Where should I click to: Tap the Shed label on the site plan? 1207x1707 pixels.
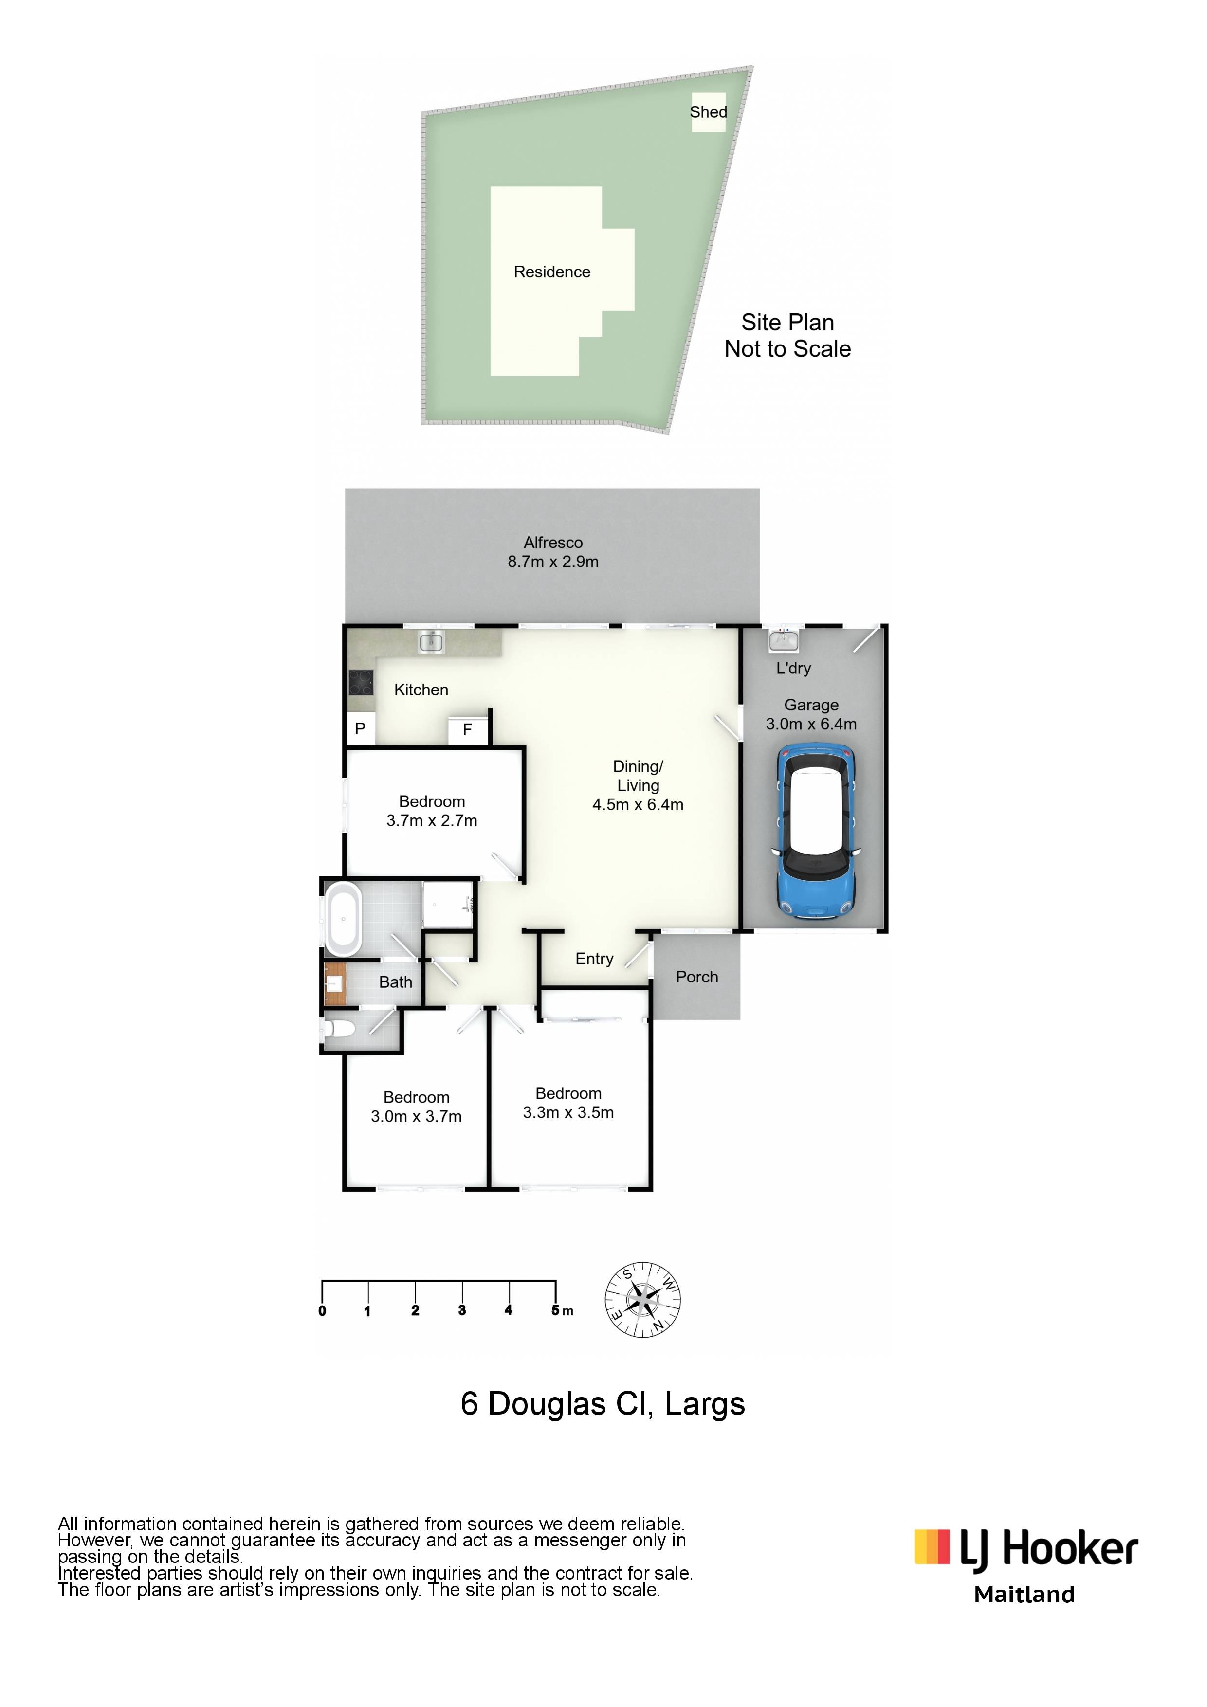click(708, 112)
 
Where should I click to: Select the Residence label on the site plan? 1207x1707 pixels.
click(552, 272)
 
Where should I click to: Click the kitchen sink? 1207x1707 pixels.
click(431, 641)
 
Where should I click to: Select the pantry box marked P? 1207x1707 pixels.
click(360, 728)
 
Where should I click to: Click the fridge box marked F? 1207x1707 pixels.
click(468, 730)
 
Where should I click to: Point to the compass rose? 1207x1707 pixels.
click(642, 1300)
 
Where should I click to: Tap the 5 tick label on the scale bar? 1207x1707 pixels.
click(555, 1310)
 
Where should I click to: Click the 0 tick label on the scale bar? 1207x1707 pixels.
click(322, 1311)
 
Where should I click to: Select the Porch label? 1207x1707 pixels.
click(697, 977)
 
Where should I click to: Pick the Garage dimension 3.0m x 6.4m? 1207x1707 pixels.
click(811, 724)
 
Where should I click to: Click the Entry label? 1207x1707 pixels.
click(594, 959)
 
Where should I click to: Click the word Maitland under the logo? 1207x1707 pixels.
click(1024, 1595)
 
